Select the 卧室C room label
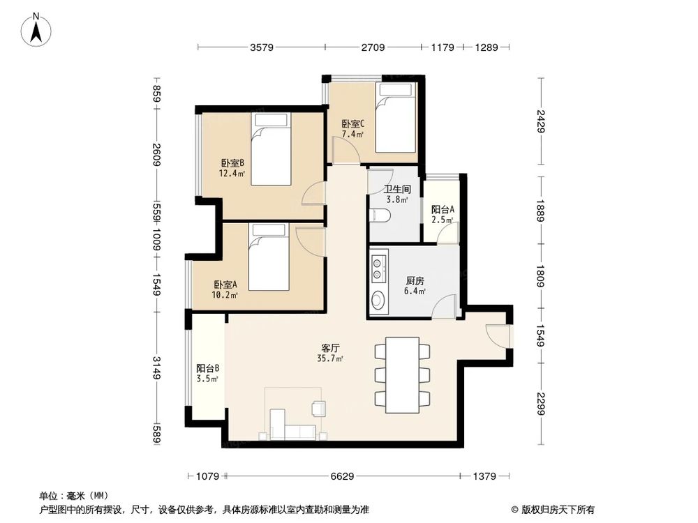(x=352, y=124)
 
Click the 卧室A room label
(x=225, y=285)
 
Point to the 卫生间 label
(x=396, y=188)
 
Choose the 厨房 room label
(x=416, y=282)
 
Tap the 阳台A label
(x=443, y=209)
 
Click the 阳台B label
(x=207, y=369)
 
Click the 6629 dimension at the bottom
(x=341, y=476)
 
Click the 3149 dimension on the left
(x=157, y=368)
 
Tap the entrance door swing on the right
(x=498, y=335)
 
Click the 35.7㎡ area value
(x=331, y=358)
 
